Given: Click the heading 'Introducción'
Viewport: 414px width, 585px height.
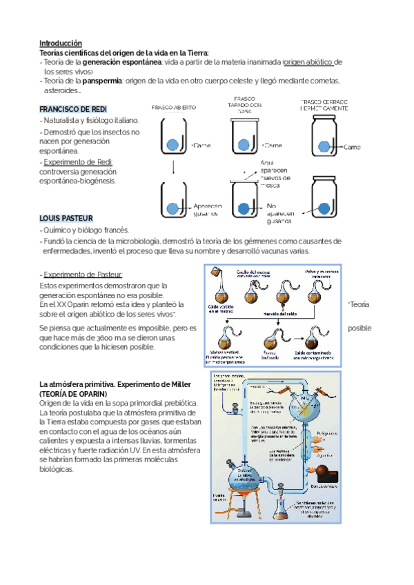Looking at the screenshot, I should pos(61,43).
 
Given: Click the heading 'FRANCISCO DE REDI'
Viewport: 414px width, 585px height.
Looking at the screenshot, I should pos(73,110).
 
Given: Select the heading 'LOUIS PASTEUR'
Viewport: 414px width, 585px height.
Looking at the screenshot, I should pos(66,218).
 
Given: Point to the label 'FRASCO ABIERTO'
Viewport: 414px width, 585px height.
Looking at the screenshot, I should pos(174,108).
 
